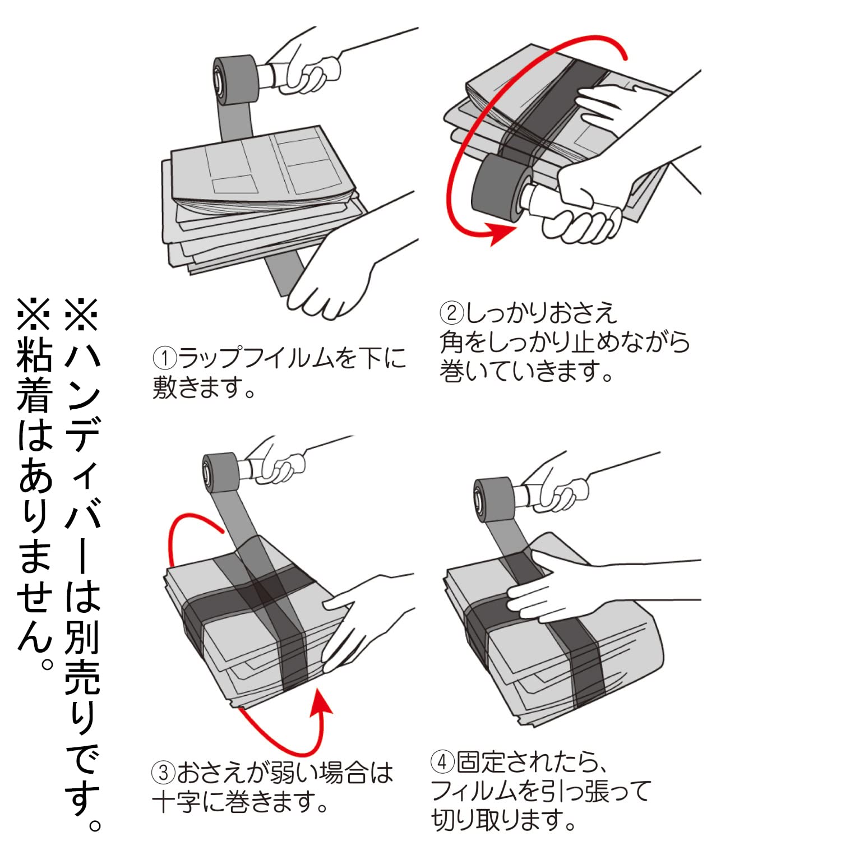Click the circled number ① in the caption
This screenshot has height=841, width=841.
165,358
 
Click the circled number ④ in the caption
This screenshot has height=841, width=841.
442,763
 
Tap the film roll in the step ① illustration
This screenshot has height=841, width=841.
235,80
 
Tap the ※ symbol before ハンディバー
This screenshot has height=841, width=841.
82,314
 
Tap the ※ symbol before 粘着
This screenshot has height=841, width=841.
34,314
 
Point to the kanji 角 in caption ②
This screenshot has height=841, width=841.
452,342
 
